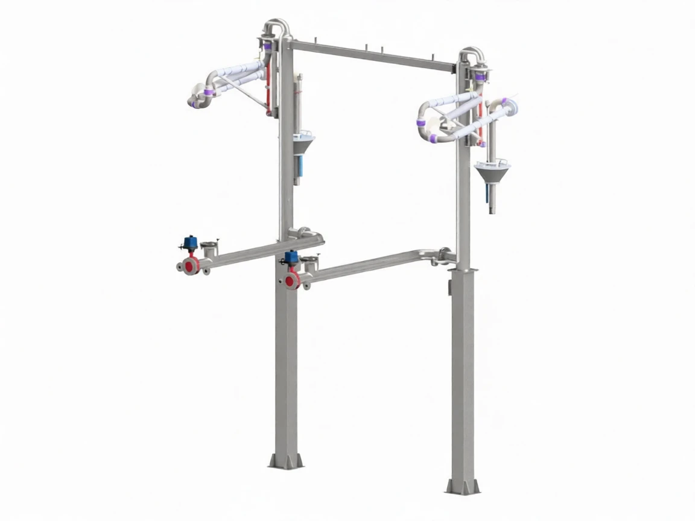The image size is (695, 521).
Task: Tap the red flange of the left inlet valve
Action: (192, 265)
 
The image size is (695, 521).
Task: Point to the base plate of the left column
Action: (285, 461)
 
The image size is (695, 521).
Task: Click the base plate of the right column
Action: (463, 486)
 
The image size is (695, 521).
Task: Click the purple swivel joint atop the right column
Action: (481, 77)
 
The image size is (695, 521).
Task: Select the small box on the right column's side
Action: (449, 289)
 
